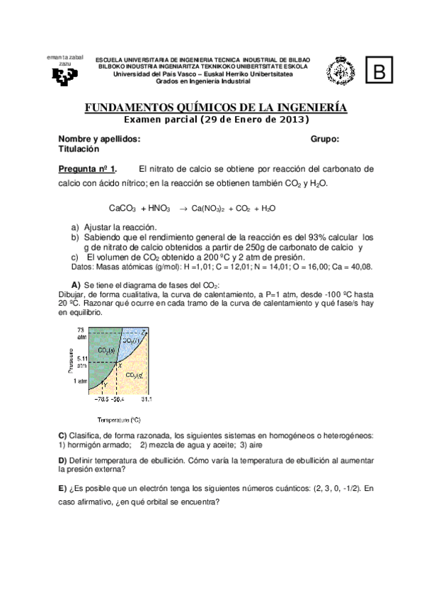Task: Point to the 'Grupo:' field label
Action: coord(325,139)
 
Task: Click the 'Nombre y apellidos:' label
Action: coord(99,139)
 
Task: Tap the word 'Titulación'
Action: coord(79,149)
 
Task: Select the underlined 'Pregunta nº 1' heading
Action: coord(86,169)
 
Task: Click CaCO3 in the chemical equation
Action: coord(122,209)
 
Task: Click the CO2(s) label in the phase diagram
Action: coord(107,351)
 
